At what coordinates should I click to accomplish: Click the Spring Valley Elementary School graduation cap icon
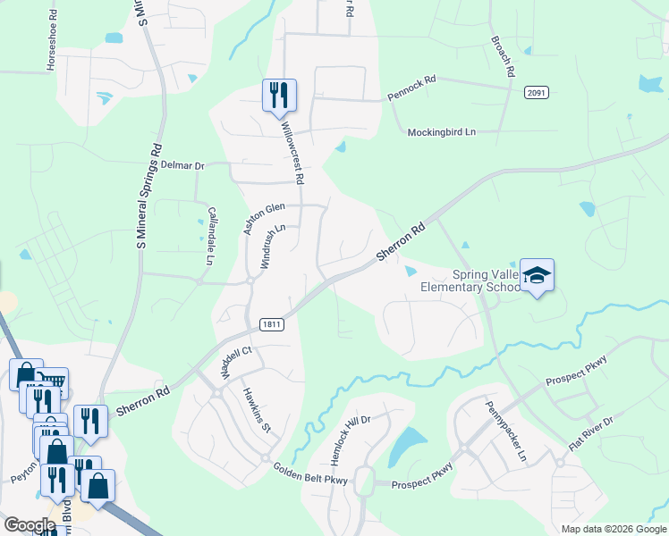tap(538, 275)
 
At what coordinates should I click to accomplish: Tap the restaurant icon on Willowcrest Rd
tap(278, 94)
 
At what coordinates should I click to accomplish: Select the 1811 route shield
tap(273, 325)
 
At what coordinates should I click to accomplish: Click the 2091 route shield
tap(537, 93)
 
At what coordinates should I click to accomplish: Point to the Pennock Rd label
tap(411, 86)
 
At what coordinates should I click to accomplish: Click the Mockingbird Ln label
tap(442, 132)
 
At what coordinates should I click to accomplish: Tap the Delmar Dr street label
tap(182, 165)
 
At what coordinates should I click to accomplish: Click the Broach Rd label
tap(504, 55)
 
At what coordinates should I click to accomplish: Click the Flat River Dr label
tap(591, 433)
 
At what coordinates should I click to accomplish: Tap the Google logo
tap(30, 525)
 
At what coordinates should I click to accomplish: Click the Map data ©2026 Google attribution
tap(613, 529)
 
